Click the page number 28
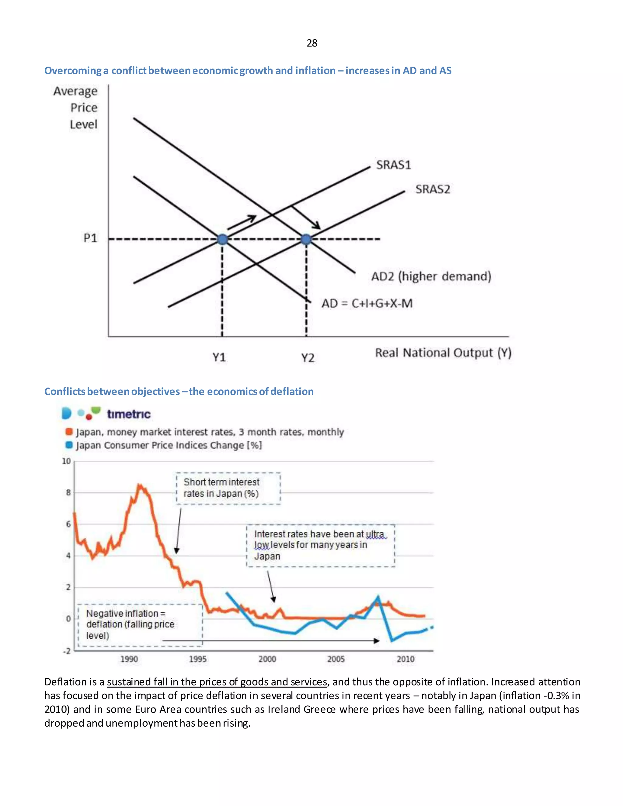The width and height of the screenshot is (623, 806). pos(312,43)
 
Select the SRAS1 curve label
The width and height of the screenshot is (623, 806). pos(393,165)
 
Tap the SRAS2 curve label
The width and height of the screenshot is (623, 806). pos(433,189)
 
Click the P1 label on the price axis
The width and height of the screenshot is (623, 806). pos(90,238)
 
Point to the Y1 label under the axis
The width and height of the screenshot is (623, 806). pos(219,357)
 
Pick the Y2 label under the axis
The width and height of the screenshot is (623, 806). pos(308,358)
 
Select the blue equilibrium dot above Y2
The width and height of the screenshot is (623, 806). pos(306,239)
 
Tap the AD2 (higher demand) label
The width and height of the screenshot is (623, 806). pos(431,276)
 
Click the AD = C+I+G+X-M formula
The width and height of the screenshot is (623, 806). pos(367,303)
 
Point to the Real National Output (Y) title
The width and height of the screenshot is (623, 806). pos(443,353)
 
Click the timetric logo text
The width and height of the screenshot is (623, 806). pos(128,414)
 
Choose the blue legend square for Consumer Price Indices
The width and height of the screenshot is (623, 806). pos(69,445)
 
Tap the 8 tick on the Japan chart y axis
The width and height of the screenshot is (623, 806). pos(68,492)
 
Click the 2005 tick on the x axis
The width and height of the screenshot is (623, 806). pos(336,659)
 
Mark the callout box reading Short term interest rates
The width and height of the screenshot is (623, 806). pos(228,488)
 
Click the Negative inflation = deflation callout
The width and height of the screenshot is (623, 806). pos(140,624)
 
